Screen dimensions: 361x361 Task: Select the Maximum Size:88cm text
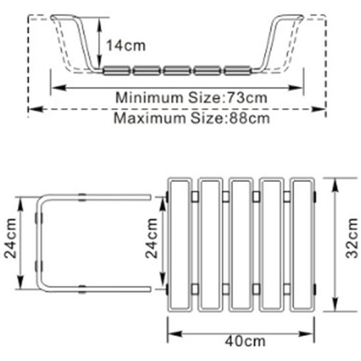coord(191,119)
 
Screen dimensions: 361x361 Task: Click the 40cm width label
coord(241,342)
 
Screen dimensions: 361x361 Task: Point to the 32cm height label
coord(352,244)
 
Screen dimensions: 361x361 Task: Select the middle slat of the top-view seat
coord(241,245)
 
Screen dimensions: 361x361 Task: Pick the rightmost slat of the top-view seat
coord(302,245)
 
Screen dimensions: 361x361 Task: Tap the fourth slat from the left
coord(272,245)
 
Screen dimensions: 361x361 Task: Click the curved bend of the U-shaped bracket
coord(40,242)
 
